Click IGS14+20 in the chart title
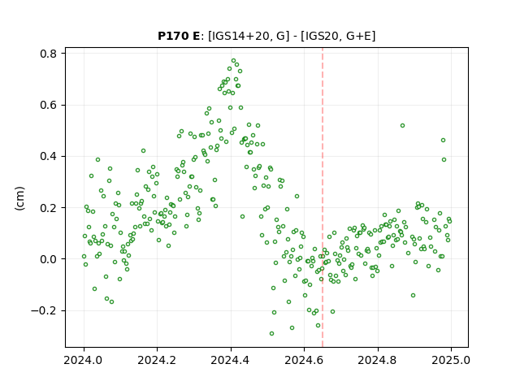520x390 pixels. click(x=238, y=36)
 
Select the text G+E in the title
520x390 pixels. click(x=357, y=36)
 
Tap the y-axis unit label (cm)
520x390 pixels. click(x=19, y=198)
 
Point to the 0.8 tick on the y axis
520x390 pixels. click(x=49, y=54)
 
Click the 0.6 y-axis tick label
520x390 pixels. click(x=49, y=105)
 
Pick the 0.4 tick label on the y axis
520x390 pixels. click(x=49, y=156)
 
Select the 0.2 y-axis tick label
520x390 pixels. click(x=49, y=208)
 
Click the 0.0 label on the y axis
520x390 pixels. click(x=49, y=259)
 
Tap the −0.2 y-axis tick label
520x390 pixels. click(x=44, y=310)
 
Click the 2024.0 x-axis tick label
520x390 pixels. click(x=84, y=360)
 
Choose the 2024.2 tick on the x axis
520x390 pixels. click(x=157, y=360)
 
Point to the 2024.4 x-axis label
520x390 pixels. click(x=231, y=360)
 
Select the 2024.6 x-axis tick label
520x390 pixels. click(x=304, y=360)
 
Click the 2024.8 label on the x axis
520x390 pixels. click(x=377, y=360)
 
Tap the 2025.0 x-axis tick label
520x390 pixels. click(x=451, y=360)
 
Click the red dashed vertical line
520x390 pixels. click(x=323, y=197)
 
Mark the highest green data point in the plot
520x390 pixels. click(x=233, y=61)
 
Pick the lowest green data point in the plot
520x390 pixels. click(x=271, y=333)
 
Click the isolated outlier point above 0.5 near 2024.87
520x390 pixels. click(x=402, y=125)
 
